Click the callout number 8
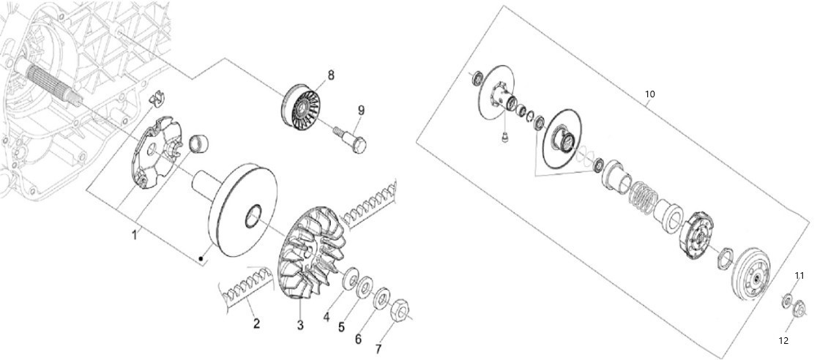pos(330,75)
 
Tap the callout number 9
pos(361,110)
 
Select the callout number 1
pos(134,235)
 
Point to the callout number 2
pos(256,323)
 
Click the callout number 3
pos(300,326)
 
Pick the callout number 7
pos(378,348)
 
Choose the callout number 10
pos(650,94)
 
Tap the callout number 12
pos(783,341)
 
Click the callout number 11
pos(799,275)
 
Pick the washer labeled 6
pos(382,298)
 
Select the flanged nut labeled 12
pos(799,310)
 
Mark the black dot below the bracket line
pos(201,258)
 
